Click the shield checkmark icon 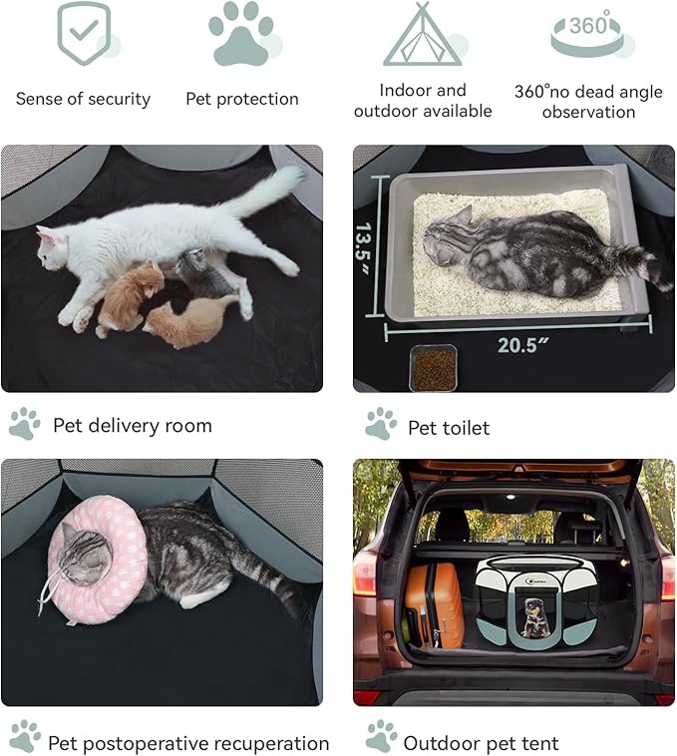(84, 34)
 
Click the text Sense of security (83, 99)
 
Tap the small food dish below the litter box (434, 368)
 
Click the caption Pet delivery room (132, 426)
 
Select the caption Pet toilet (449, 428)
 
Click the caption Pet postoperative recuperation (188, 743)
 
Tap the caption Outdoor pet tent (481, 743)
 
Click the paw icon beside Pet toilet (380, 424)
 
